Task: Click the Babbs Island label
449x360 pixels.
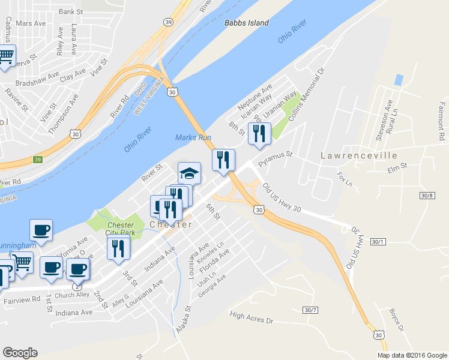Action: click(x=246, y=23)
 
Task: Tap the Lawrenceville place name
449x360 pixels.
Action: click(x=359, y=155)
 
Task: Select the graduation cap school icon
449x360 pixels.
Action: click(x=190, y=173)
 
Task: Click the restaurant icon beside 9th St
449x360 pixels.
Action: click(x=259, y=134)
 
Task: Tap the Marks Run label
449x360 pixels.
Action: click(x=193, y=137)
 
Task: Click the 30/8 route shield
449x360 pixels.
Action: click(x=427, y=196)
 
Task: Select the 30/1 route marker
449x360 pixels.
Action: click(x=378, y=241)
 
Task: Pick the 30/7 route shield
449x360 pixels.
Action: click(x=309, y=310)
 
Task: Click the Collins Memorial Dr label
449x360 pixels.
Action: click(x=307, y=95)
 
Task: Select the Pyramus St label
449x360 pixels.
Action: click(x=275, y=158)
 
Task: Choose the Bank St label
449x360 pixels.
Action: click(x=70, y=11)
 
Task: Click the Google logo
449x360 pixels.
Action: click(x=20, y=353)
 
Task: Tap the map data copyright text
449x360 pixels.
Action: click(x=412, y=355)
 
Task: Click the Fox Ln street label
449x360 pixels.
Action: click(x=344, y=178)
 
